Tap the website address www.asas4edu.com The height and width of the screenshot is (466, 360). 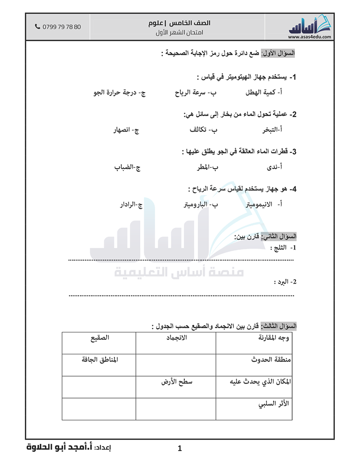tap(310, 36)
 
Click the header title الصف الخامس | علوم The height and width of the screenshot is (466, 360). tap(180, 23)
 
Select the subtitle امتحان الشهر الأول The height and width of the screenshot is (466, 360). tap(180, 32)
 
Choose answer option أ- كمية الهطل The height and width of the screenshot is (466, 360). tap(264, 93)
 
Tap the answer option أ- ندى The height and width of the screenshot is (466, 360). tap(275, 167)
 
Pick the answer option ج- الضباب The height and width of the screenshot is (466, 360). tap(128, 167)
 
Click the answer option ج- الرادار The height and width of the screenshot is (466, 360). tap(131, 205)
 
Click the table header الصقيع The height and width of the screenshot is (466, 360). tap(99, 338)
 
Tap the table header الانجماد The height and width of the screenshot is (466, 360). tap(177, 338)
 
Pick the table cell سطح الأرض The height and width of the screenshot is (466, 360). tap(177, 382)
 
